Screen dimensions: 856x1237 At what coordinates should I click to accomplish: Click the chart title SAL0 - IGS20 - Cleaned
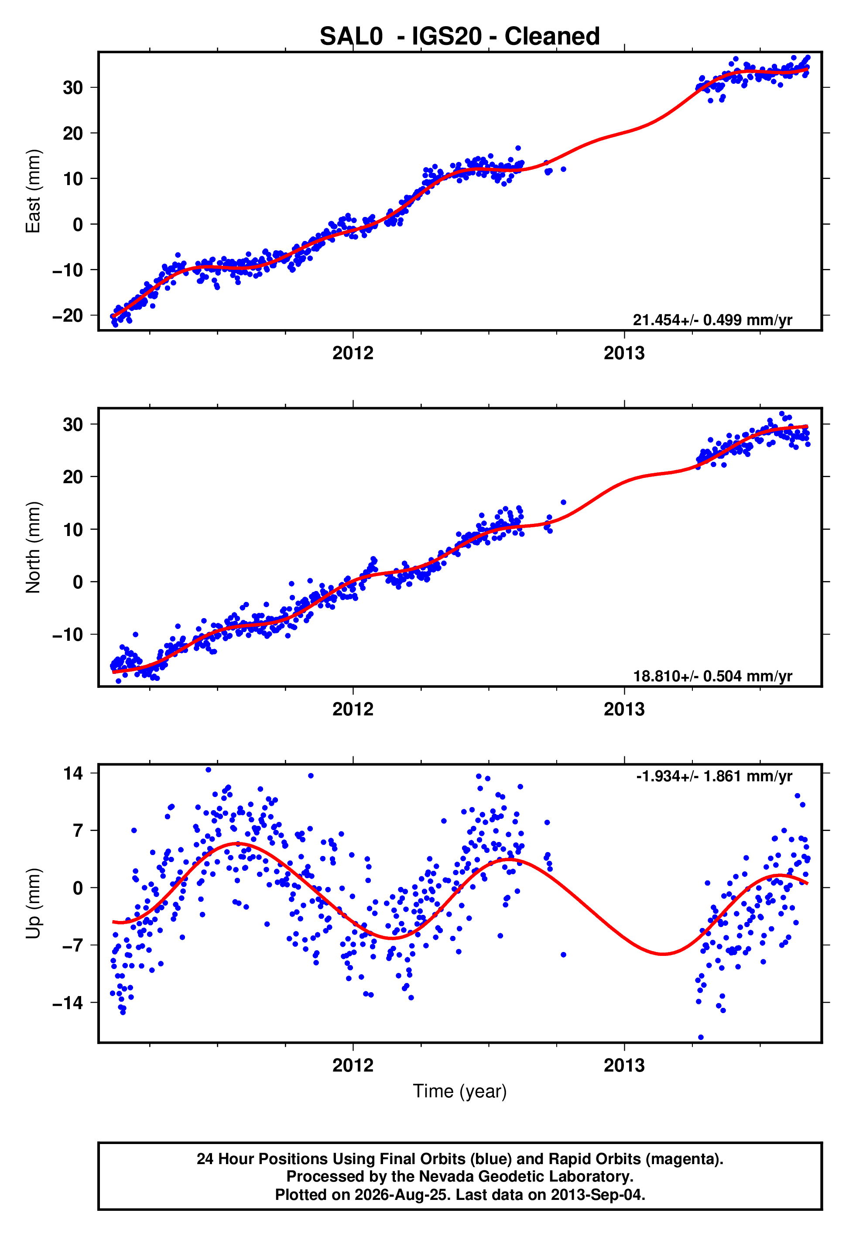tap(460, 37)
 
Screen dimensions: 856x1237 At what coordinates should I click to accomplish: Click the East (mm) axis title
tap(33, 191)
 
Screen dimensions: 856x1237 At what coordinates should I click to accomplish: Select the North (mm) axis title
tap(33, 547)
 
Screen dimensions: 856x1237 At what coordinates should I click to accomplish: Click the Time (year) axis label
tap(460, 1092)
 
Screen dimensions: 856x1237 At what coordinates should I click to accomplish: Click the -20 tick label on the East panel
tap(68, 316)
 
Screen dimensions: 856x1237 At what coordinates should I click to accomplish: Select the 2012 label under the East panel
tap(353, 353)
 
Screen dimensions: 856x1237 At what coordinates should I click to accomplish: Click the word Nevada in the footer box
tap(443, 1176)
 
